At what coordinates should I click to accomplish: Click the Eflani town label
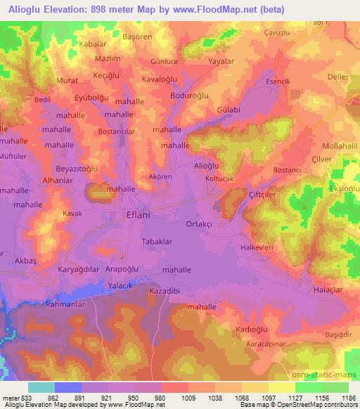pos(140,216)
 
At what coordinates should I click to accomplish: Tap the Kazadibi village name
pos(166,290)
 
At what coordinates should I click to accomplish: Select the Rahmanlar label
pos(65,304)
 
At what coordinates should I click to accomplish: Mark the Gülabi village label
pos(229,110)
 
